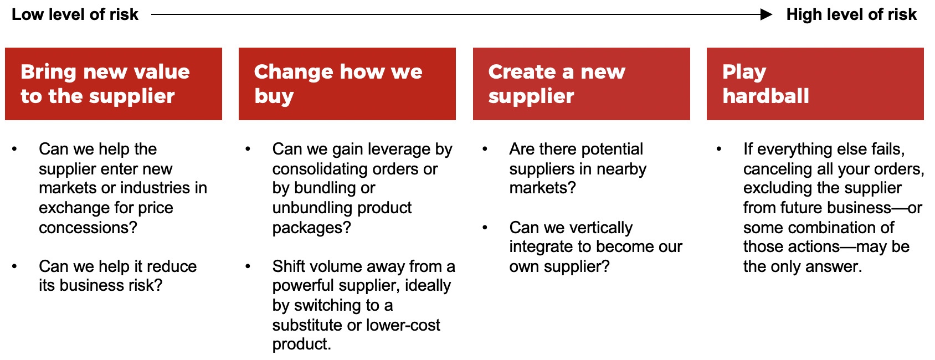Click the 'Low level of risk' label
pyautogui.click(x=75, y=14)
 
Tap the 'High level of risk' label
pyautogui.click(x=851, y=14)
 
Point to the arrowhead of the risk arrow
pyautogui.click(x=766, y=14)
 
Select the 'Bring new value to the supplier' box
pyautogui.click(x=114, y=84)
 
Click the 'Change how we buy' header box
pyautogui.click(x=347, y=84)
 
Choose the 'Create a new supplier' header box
pyautogui.click(x=582, y=84)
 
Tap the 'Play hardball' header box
pyautogui.click(x=815, y=84)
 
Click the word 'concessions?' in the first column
pyautogui.click(x=88, y=228)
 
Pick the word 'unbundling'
pyautogui.click(x=312, y=208)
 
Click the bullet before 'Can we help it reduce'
pyautogui.click(x=14, y=266)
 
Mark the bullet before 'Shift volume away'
pyautogui.click(x=248, y=266)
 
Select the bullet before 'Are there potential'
pyautogui.click(x=485, y=149)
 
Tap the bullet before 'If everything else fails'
pyautogui.click(x=719, y=149)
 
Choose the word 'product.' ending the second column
pyautogui.click(x=302, y=344)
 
